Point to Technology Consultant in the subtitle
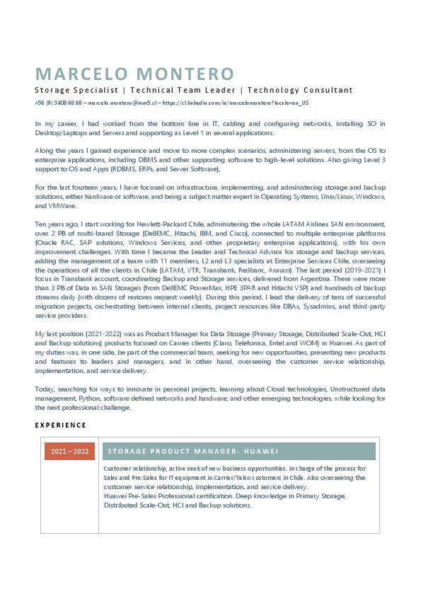(x=300, y=91)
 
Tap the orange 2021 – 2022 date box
(x=69, y=452)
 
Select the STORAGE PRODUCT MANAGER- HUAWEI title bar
(x=238, y=452)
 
